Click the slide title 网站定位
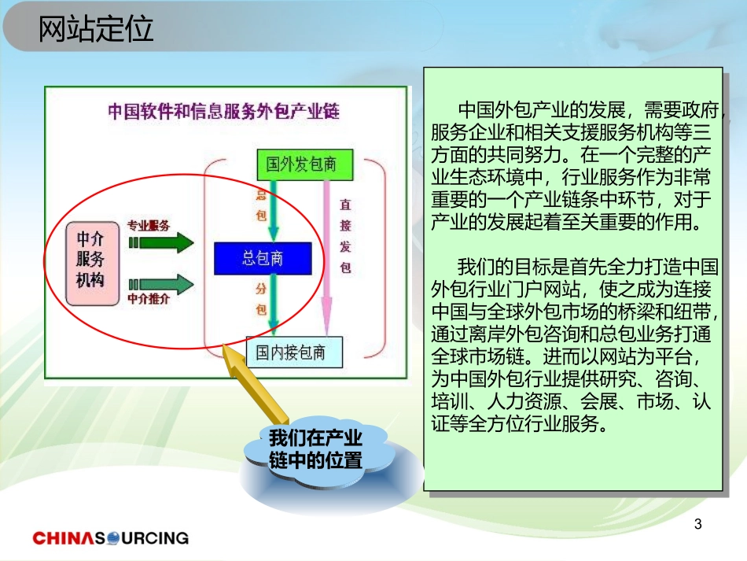tap(96, 30)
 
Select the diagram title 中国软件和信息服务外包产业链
tap(223, 111)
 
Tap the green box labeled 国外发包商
tap(303, 164)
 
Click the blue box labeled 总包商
tap(263, 258)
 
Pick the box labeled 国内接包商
tap(295, 352)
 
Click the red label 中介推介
tap(148, 300)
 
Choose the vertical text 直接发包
tap(345, 236)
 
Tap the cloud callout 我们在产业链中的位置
tap(315, 449)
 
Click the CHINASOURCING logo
tap(111, 538)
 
